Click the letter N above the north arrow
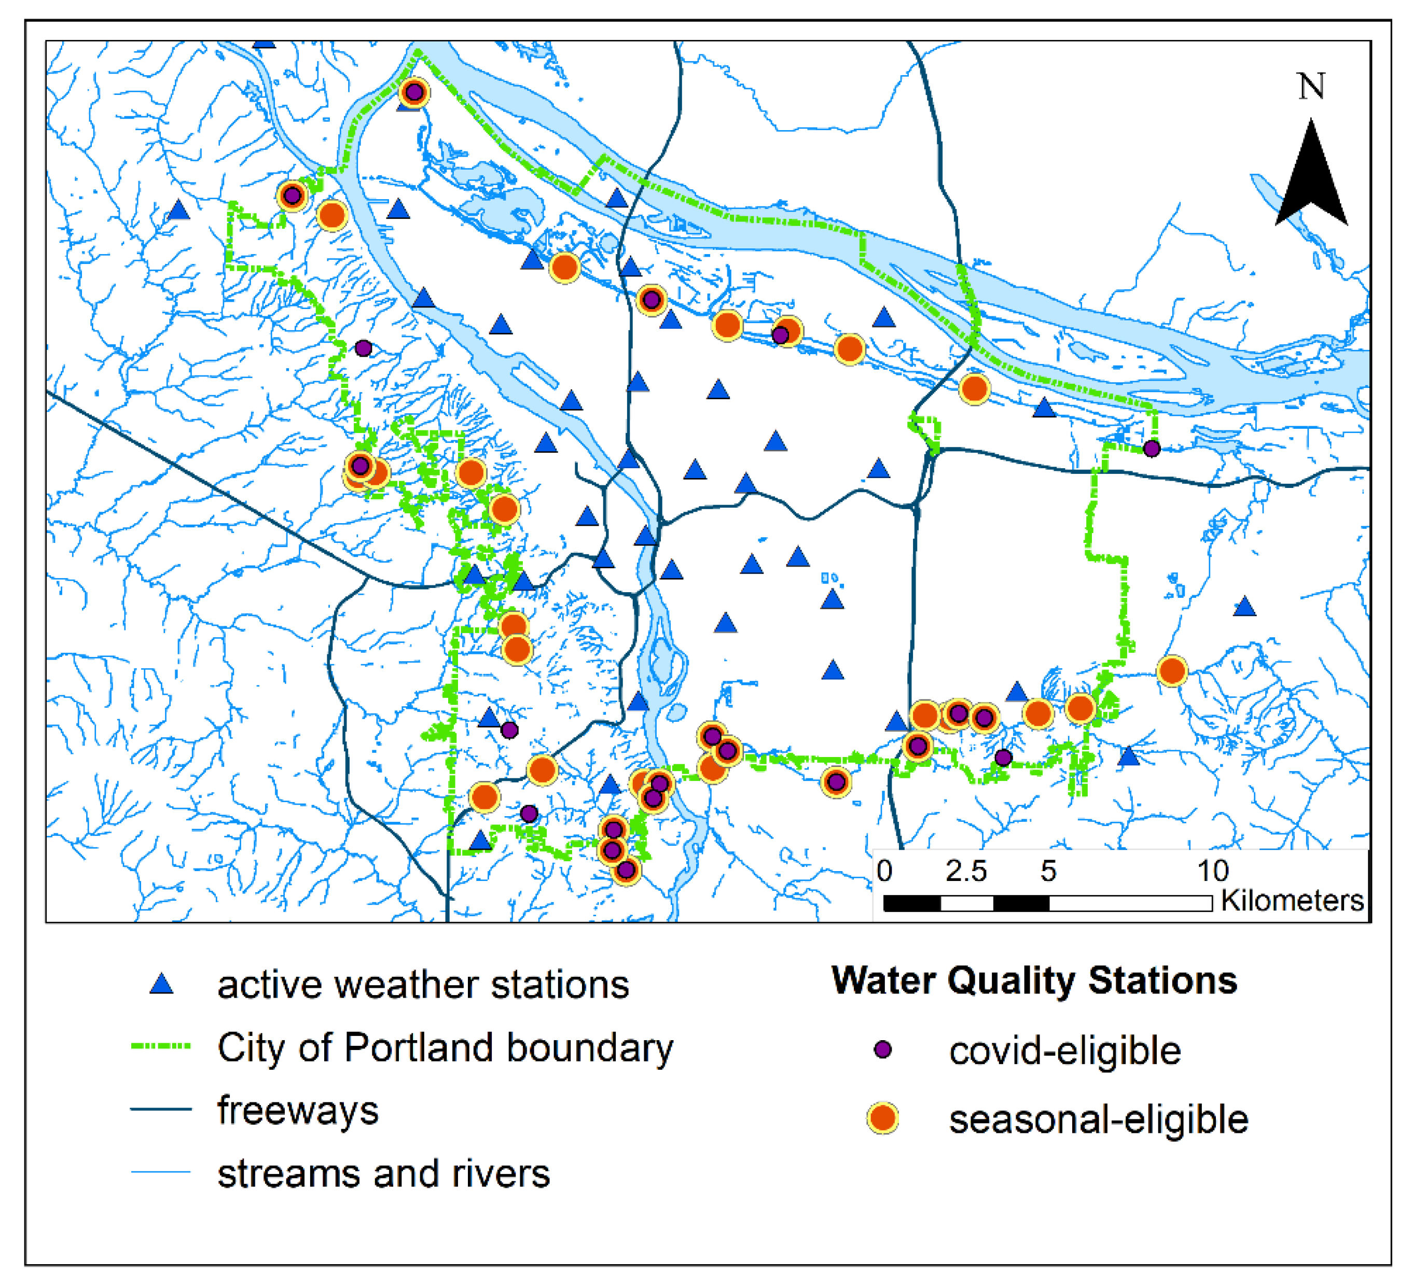point(1311,86)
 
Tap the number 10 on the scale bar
point(1213,871)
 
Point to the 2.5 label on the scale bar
point(966,871)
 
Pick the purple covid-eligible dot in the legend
point(883,1049)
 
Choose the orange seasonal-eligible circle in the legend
point(883,1118)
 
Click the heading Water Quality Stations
point(1034,981)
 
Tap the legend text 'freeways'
point(298,1110)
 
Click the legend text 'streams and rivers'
point(383,1174)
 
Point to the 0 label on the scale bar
point(884,871)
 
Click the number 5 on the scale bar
point(1048,871)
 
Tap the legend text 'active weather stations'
point(423,985)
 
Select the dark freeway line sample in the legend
point(161,1109)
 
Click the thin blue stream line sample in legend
point(161,1172)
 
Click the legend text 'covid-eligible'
point(1064,1051)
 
